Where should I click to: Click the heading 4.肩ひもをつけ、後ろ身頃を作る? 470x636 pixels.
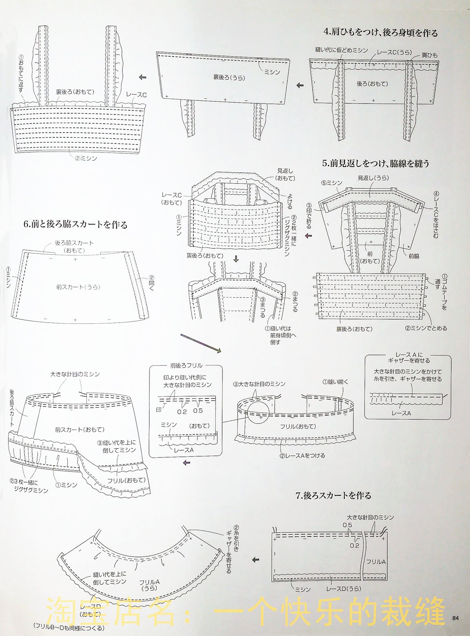coord(380,33)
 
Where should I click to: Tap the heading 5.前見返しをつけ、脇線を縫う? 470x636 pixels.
coord(376,163)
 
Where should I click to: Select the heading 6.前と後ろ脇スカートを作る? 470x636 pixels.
coord(75,224)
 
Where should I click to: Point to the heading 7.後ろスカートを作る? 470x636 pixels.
coord(333,495)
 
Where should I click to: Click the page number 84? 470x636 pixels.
coord(455,618)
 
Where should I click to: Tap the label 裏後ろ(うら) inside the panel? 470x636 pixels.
coord(229,77)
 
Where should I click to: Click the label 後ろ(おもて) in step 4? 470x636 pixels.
coord(372,84)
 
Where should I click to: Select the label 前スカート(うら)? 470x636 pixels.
coord(78,287)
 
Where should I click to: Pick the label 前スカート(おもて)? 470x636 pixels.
coord(79,429)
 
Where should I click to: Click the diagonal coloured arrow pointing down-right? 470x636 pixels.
coord(201,343)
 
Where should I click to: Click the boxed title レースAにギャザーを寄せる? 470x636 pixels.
coord(409,358)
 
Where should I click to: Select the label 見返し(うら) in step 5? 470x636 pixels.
coord(373,178)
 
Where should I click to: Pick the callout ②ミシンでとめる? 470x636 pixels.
coord(426,328)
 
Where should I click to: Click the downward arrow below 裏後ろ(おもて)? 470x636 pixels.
coord(236,260)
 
